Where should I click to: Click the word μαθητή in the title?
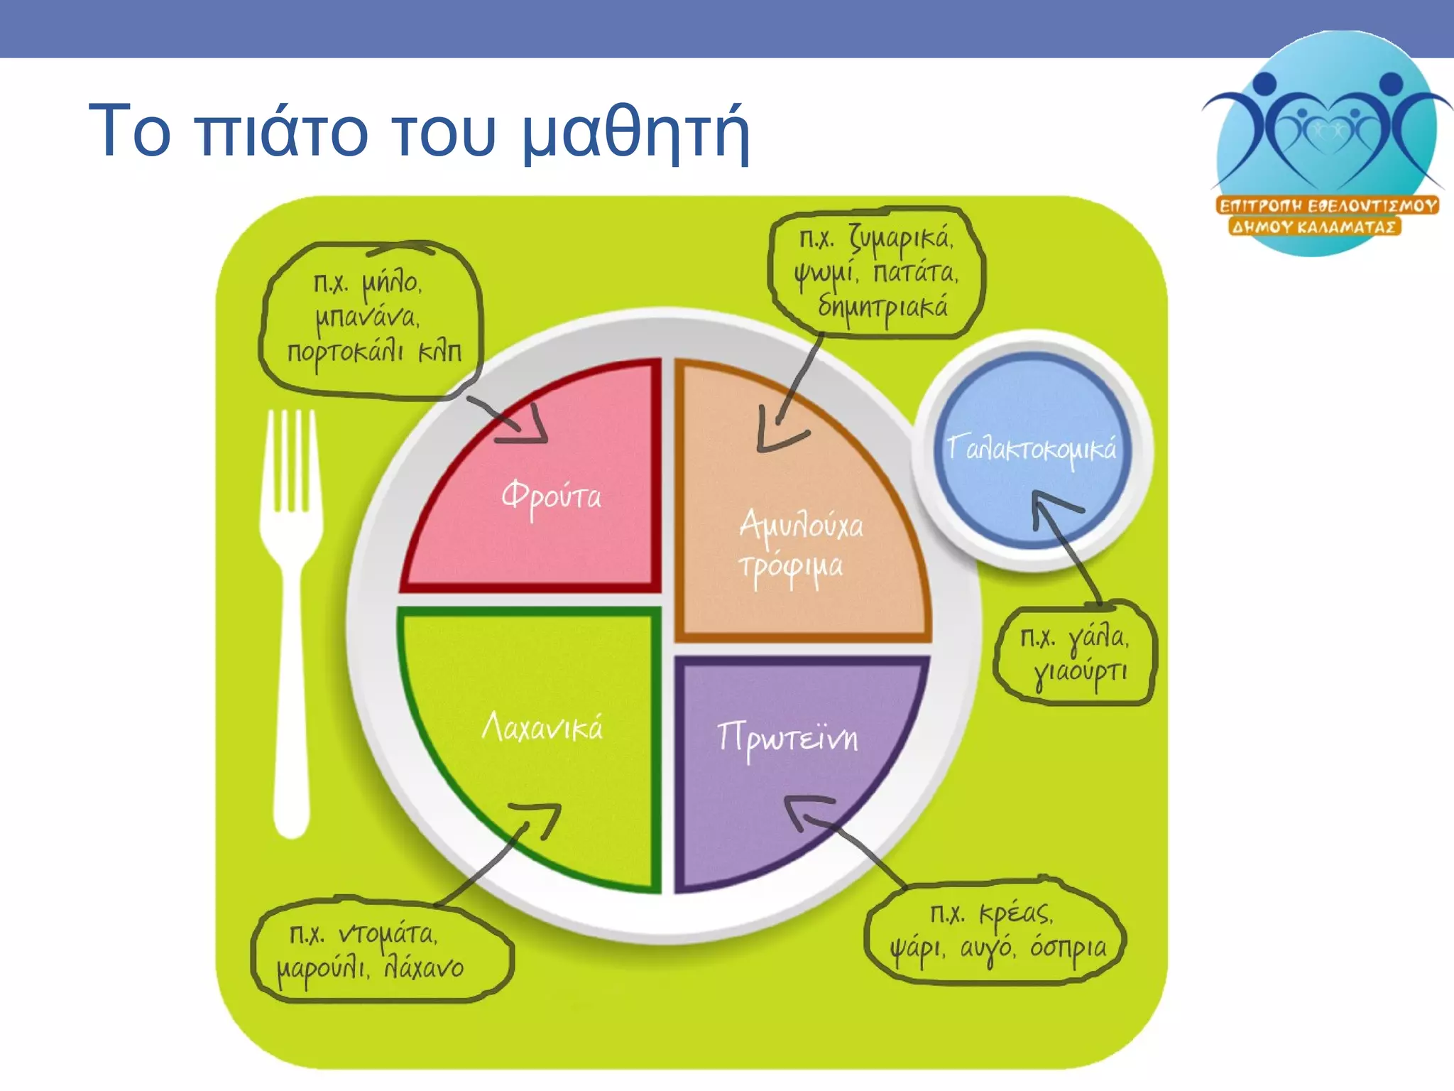tap(635, 131)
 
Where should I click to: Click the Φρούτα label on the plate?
tap(551, 496)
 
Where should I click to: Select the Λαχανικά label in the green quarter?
tap(542, 727)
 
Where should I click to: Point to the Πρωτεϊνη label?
tap(787, 739)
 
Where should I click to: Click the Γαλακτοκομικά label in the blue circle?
tap(1032, 450)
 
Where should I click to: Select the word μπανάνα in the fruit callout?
tap(367, 317)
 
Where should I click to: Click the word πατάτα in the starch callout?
tap(915, 272)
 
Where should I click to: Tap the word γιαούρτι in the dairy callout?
tap(1080, 672)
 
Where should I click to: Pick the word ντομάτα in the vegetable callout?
tap(387, 935)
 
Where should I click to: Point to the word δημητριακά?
tap(882, 308)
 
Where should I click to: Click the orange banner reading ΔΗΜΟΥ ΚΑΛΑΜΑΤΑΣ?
tap(1313, 227)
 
